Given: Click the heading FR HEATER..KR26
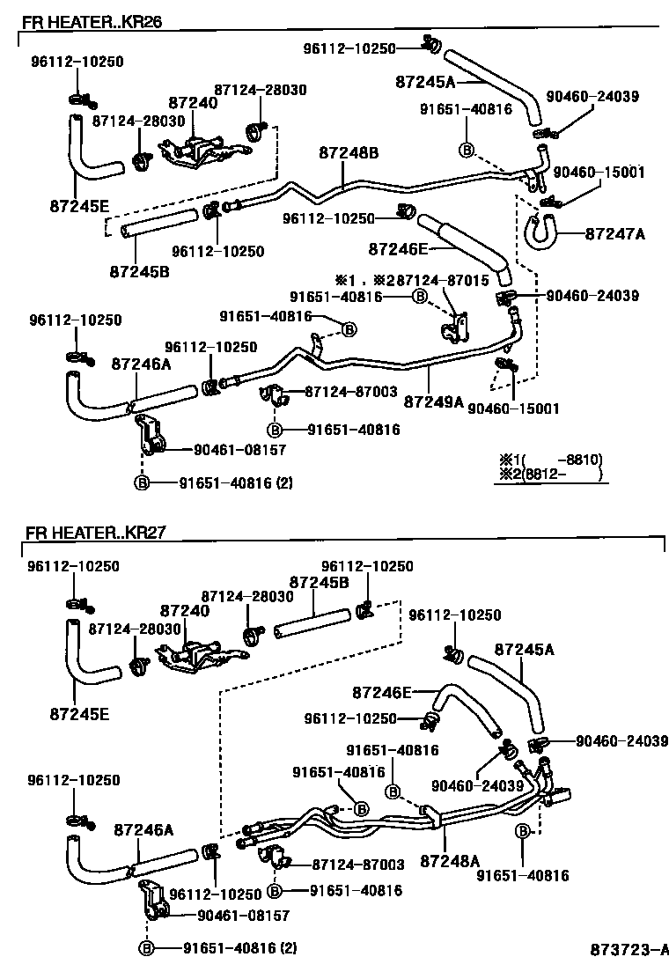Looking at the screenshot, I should click(92, 20).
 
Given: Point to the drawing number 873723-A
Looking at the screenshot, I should click(629, 950).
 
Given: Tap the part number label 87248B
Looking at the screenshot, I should click(349, 153).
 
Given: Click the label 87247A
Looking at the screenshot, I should click(615, 233).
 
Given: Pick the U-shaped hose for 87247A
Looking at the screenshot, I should click(540, 229).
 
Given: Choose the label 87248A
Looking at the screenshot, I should click(450, 859).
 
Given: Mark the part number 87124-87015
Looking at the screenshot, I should click(441, 280).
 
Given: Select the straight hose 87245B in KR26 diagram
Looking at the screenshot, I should click(158, 224).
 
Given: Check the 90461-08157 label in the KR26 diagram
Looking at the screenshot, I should click(233, 449).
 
